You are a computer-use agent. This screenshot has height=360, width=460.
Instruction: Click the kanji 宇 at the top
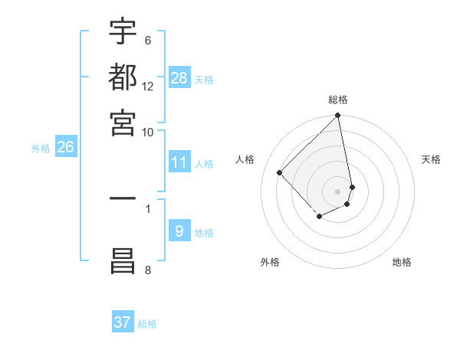pos(123,32)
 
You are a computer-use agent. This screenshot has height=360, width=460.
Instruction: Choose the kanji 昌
pos(123,260)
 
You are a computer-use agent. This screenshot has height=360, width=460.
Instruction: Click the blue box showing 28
pos(179,78)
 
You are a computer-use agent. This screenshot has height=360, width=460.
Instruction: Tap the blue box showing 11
pos(179,162)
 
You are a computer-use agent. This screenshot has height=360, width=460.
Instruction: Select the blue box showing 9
pos(179,231)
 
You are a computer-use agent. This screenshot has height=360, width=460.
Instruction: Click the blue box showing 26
pos(65,147)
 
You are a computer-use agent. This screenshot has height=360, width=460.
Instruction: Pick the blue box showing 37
pos(123,322)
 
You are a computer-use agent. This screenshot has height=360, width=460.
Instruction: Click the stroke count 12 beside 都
pos(148,87)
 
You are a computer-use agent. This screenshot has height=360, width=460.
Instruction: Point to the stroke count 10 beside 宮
pos(148,131)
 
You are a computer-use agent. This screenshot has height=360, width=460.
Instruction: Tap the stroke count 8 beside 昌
pos(147,270)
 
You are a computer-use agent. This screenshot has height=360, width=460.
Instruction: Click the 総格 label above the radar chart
pos(338,100)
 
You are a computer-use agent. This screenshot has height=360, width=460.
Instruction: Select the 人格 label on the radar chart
pos(245,159)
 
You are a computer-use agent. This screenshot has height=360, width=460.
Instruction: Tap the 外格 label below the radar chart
pos(270,262)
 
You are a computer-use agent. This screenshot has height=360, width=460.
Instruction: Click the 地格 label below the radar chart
pos(402,262)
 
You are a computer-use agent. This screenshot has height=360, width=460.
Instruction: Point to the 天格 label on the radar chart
pos(432,159)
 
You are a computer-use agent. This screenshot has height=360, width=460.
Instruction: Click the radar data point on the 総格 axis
pos(338,116)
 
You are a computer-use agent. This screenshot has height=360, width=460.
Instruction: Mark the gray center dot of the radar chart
pos(338,191)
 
